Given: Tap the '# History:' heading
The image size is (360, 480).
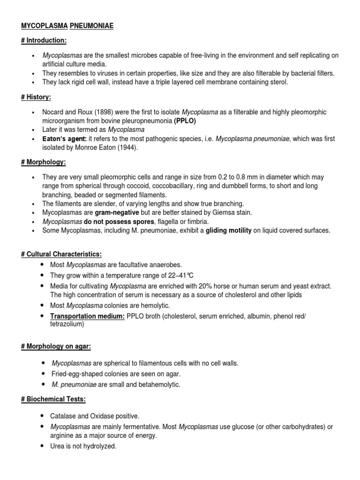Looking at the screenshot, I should point(36,97).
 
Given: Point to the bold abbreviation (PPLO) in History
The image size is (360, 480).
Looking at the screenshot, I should point(185,120).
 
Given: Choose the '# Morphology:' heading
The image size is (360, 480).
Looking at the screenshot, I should point(43,162).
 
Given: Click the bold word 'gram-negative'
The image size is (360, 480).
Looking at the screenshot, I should point(117,212).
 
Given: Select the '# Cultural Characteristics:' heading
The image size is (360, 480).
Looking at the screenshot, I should point(61,254).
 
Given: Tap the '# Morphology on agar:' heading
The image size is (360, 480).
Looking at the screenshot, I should point(56,346).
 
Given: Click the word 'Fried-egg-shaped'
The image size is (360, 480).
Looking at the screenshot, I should point(76,374).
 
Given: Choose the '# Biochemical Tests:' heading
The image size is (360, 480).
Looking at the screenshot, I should point(53,399).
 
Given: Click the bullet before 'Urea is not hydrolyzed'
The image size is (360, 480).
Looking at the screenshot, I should point(42,446).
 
